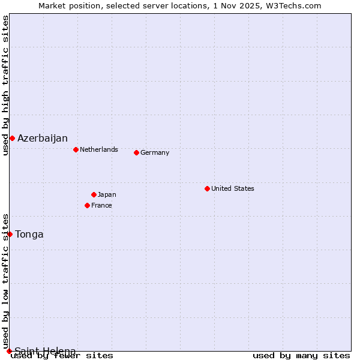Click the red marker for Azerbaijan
[12, 139]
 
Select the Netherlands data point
[76, 149]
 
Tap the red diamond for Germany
[136, 152]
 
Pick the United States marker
[207, 188]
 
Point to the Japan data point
[94, 194]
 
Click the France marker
[87, 205]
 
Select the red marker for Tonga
[10, 234]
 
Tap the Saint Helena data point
[9, 351]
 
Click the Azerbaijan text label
[42, 139]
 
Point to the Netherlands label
[98, 149]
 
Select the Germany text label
[155, 152]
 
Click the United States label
[232, 188]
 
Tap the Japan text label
[107, 194]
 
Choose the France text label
[101, 205]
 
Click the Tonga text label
[29, 234]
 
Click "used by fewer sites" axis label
[62, 355]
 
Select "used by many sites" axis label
[301, 355]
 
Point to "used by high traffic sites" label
[5, 85]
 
